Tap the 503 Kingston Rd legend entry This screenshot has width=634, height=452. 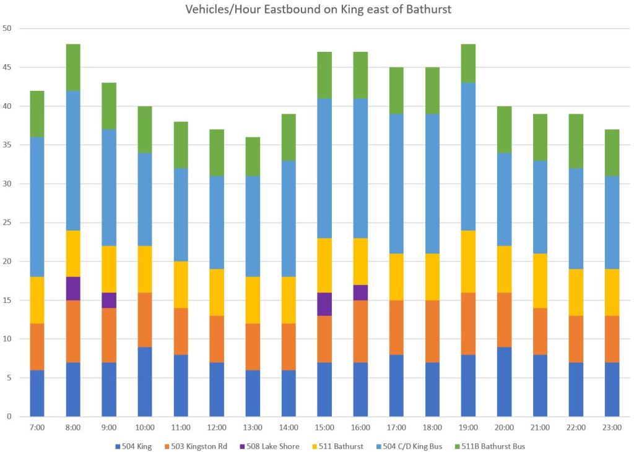point(204,446)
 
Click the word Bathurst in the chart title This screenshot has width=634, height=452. point(428,11)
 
